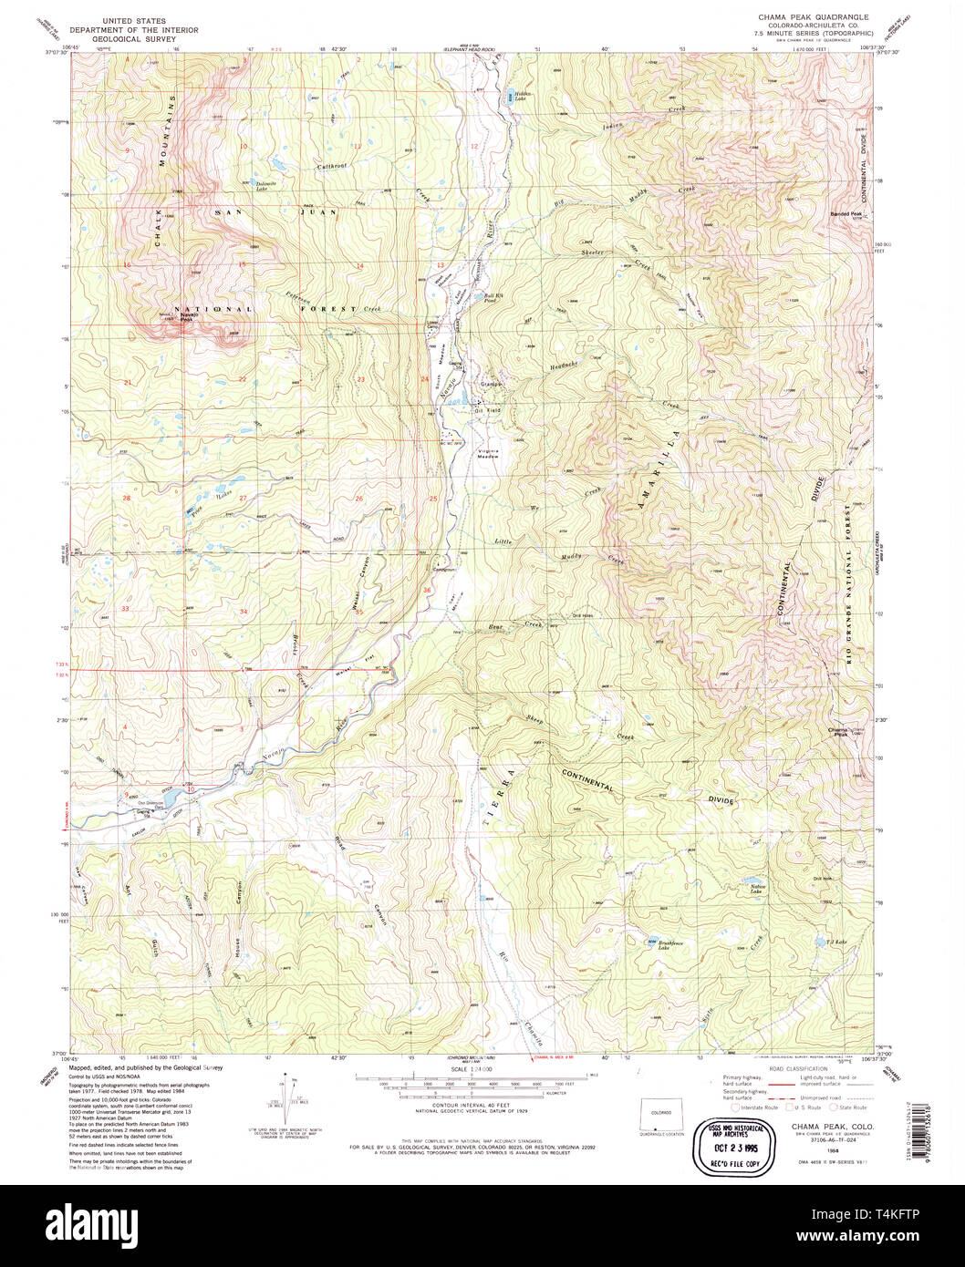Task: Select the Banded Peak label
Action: [x=846, y=214]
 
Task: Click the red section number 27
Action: [x=244, y=498]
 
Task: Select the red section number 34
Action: [x=244, y=611]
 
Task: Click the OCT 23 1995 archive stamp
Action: [x=727, y=1146]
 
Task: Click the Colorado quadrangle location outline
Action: [x=662, y=1115]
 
